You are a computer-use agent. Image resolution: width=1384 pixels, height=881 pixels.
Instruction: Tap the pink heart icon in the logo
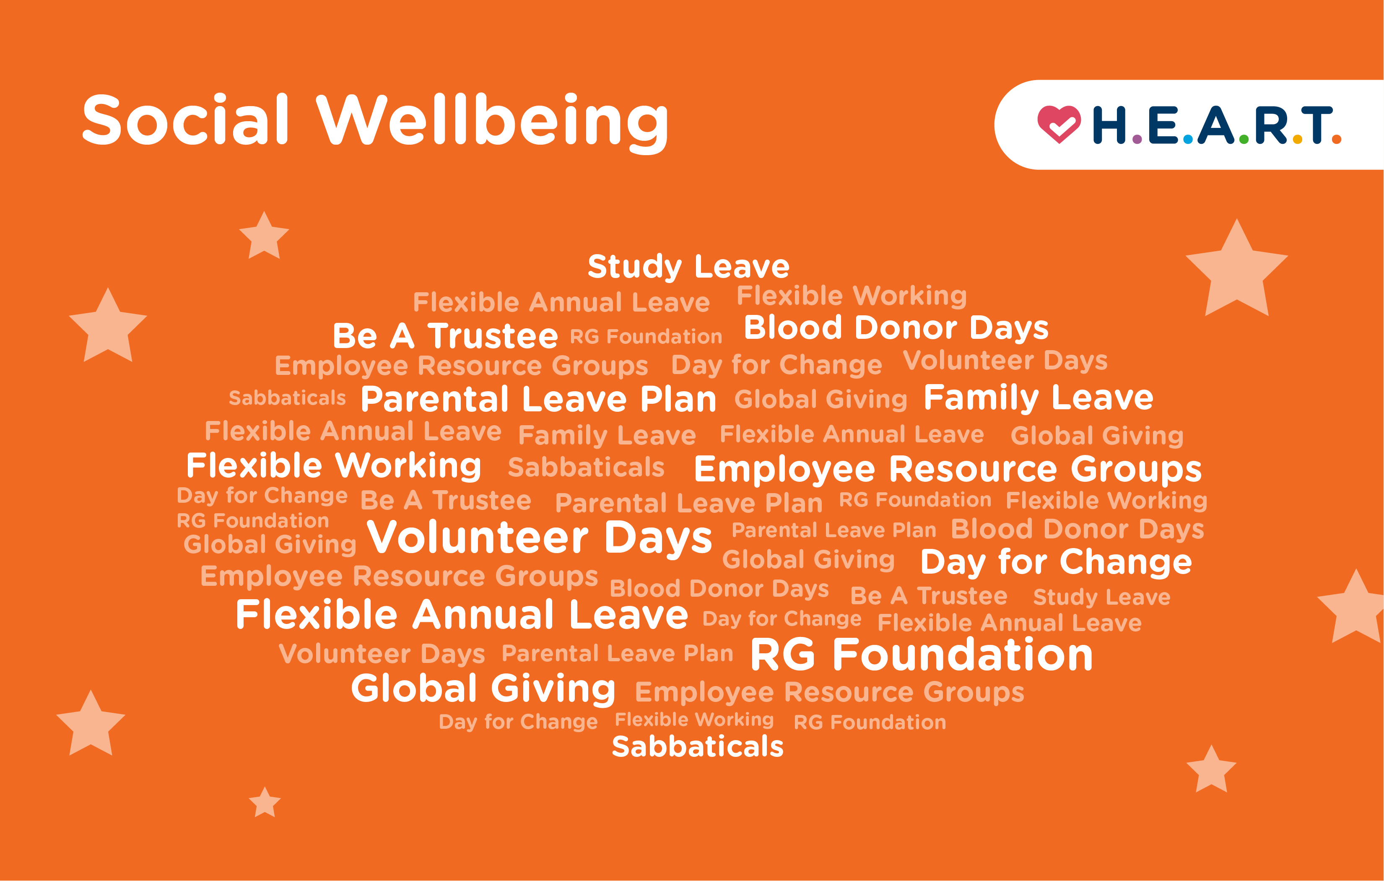[x=1058, y=124]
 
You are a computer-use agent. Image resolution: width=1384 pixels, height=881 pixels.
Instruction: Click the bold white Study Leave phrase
[x=688, y=267]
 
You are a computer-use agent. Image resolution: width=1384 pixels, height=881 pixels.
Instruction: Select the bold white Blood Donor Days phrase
[x=896, y=327]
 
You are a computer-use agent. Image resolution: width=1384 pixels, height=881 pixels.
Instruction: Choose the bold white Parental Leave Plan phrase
[x=538, y=399]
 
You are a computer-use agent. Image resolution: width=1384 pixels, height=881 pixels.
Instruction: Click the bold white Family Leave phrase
[x=1038, y=398]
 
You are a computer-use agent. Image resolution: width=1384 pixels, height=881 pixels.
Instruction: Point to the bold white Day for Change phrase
[x=1056, y=561]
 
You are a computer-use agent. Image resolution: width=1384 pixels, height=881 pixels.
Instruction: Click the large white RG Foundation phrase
[x=921, y=655]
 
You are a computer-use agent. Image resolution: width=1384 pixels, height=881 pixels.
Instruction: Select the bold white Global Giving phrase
[x=483, y=689]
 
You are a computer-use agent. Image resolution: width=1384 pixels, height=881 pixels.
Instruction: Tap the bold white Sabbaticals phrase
[x=697, y=746]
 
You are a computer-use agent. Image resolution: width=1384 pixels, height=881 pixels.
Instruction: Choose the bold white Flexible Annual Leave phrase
[x=462, y=615]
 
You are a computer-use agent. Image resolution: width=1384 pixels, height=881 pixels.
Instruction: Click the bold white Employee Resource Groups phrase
[x=947, y=469]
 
